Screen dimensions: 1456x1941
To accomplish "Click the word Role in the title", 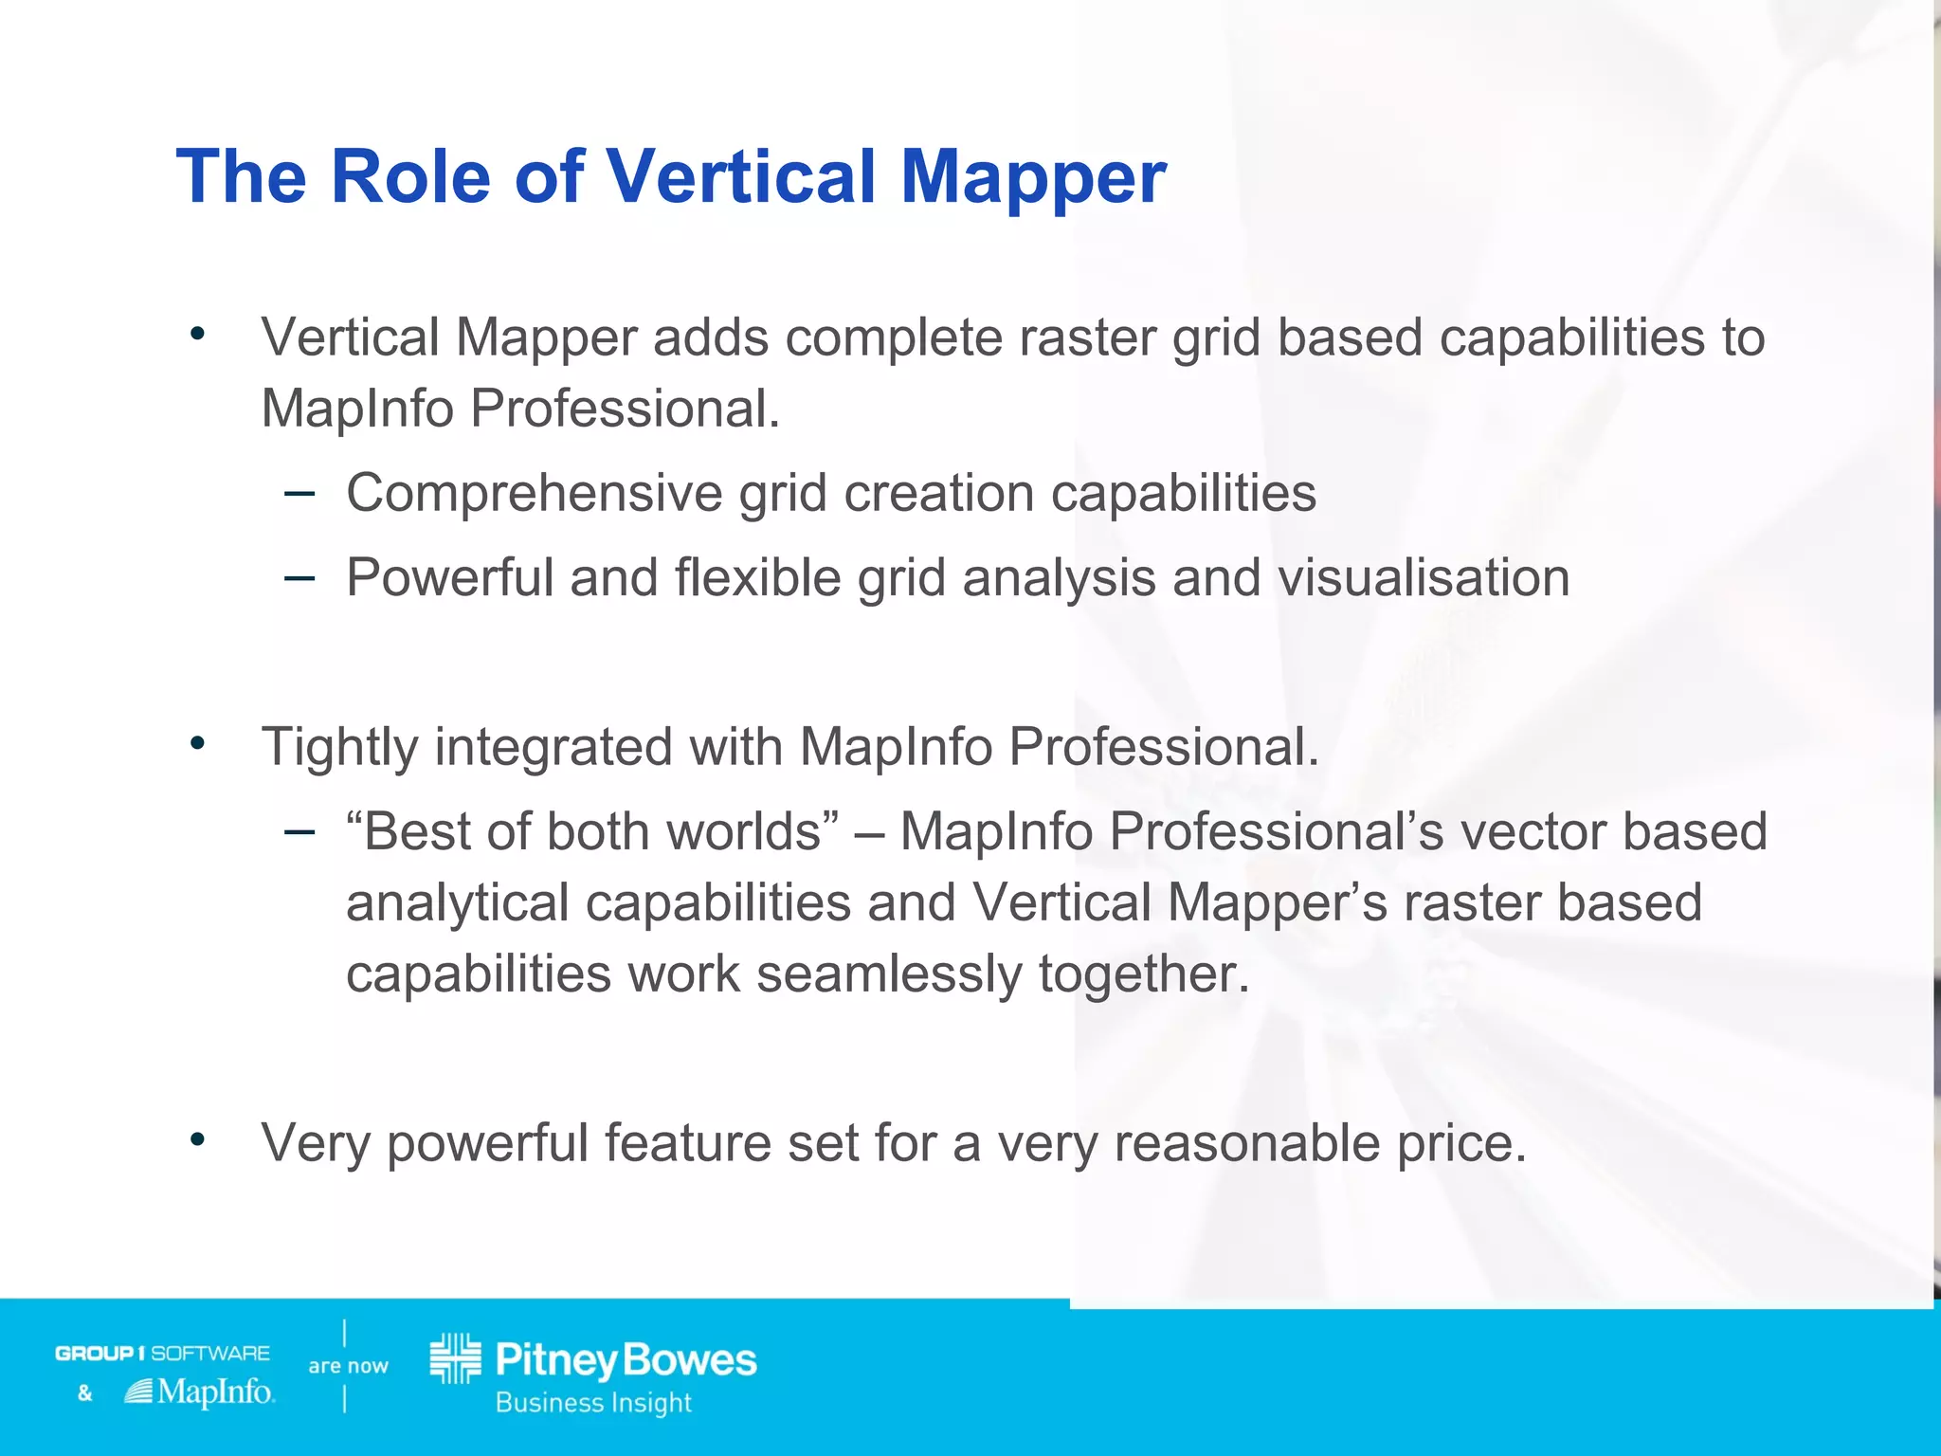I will point(410,177).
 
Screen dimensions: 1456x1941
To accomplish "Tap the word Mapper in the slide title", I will point(1033,177).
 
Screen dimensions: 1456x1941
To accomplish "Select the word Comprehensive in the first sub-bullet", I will point(534,494).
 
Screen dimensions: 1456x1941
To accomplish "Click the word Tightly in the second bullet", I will point(339,748).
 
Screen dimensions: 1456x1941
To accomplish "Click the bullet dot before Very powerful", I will point(197,1139).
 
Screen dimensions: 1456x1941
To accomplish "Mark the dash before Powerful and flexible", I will point(299,577).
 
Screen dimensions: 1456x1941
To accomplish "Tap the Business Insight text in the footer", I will point(593,1403).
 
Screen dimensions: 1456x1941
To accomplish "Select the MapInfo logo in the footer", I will point(200,1392).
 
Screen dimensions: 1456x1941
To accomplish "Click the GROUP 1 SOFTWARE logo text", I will point(162,1353).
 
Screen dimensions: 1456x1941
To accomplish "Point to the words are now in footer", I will point(348,1366).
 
